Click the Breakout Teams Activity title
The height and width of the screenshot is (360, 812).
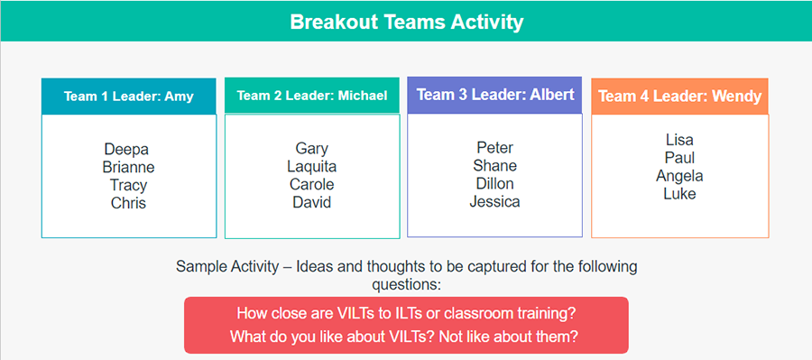(406, 22)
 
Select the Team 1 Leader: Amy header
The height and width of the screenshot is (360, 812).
(128, 96)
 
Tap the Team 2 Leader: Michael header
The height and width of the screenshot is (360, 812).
(312, 96)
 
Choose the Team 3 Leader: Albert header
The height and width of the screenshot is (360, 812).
(494, 95)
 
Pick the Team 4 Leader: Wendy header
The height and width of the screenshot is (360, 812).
(679, 96)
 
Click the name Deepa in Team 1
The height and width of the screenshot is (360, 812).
(126, 150)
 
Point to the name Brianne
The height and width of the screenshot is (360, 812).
(128, 168)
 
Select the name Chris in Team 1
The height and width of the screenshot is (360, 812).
(128, 203)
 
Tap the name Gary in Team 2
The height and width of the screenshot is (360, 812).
(312, 149)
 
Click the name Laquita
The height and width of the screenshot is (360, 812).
(312, 167)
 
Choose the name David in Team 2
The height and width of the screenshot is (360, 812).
(312, 202)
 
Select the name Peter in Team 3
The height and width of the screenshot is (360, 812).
(494, 148)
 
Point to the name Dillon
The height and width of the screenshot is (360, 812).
(494, 184)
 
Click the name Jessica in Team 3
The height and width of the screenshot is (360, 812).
(494, 202)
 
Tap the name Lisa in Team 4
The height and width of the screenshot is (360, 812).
(679, 140)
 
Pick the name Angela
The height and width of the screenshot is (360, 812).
(679, 176)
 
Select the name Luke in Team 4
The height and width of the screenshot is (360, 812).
(679, 194)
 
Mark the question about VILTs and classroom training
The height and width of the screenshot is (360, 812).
(406, 314)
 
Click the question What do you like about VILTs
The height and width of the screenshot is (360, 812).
(406, 337)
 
